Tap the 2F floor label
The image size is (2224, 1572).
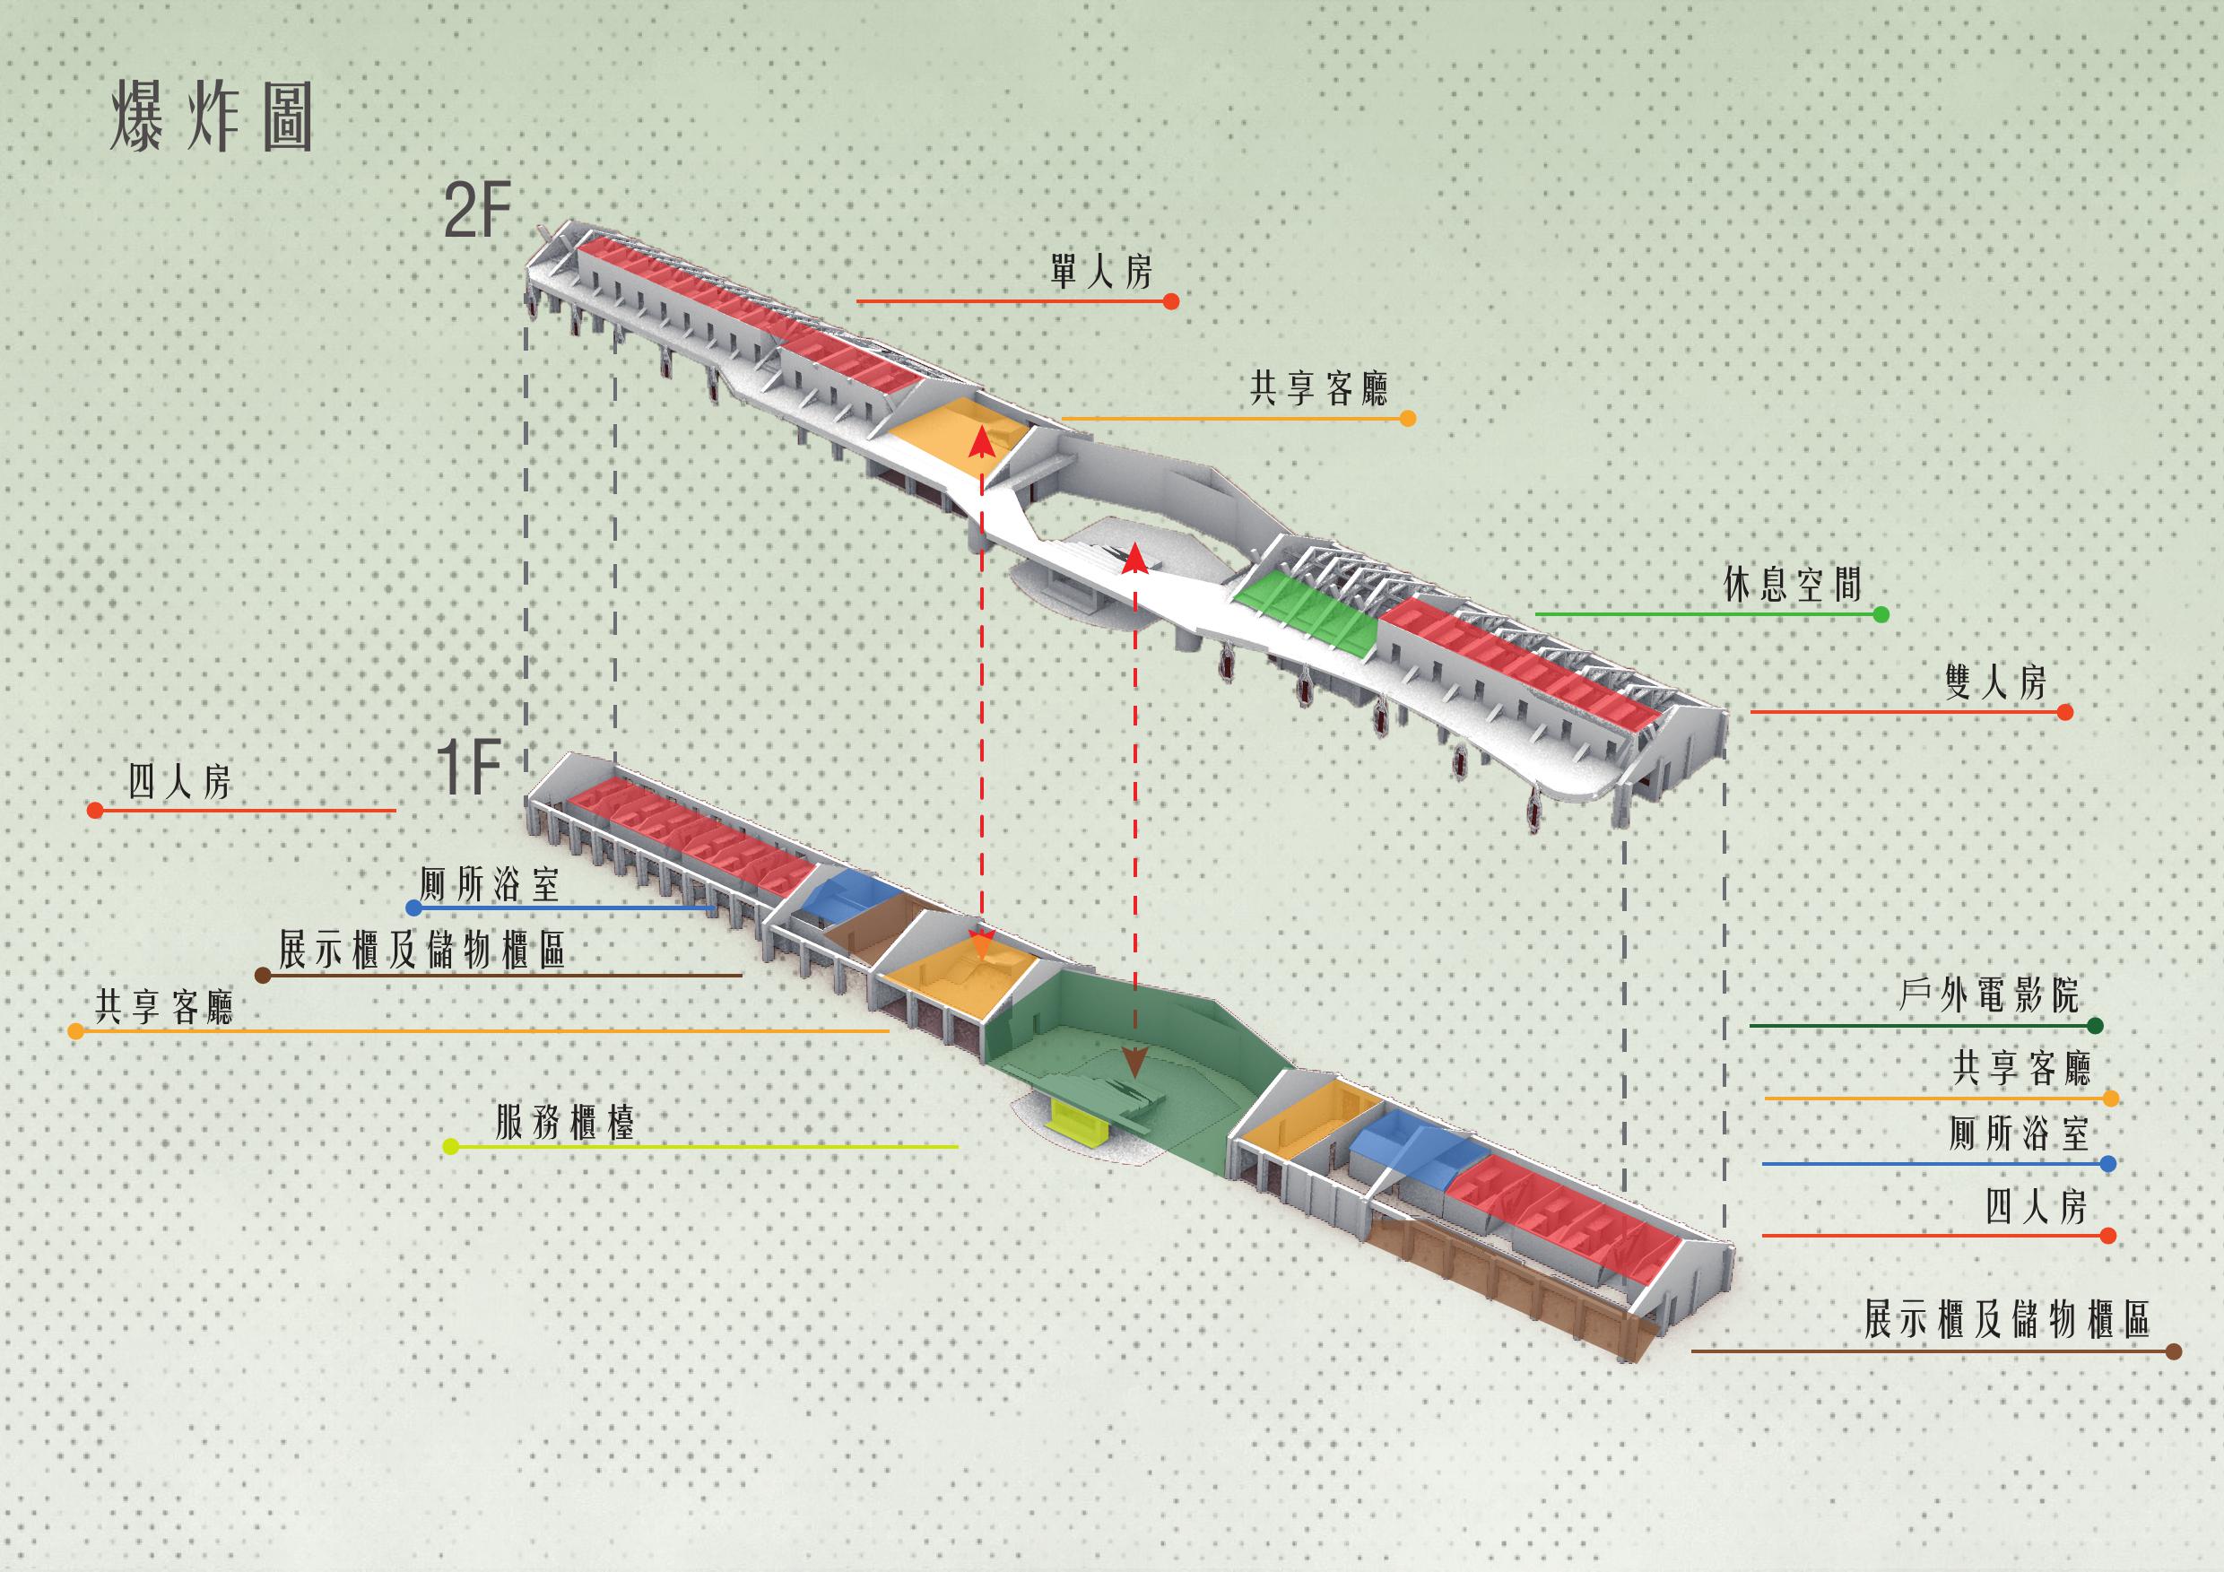[x=476, y=213]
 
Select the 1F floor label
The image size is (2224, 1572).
[x=469, y=767]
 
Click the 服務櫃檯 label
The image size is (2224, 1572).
[x=565, y=1124]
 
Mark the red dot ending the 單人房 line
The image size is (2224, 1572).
[x=1171, y=301]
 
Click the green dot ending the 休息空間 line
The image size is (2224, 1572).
[x=1881, y=614]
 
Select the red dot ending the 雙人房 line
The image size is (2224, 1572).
[x=2064, y=712]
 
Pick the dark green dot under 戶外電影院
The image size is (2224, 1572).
[x=2095, y=1025]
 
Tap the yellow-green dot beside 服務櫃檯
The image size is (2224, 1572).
[x=449, y=1147]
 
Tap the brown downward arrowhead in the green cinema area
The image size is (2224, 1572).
[x=1134, y=1063]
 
